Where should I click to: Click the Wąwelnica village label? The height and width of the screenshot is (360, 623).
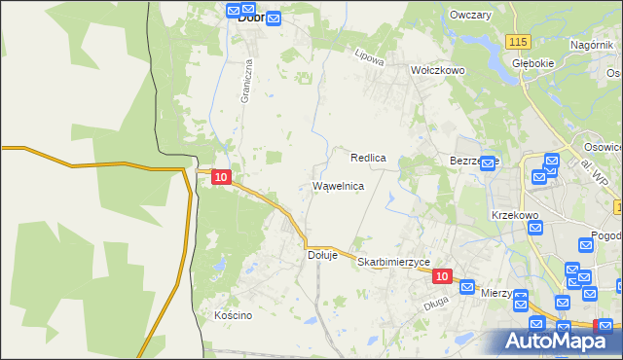[338, 186]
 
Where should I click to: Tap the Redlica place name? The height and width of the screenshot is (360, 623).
[369, 157]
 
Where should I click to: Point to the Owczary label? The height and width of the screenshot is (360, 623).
[470, 16]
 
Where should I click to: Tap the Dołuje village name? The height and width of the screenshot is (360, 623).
[322, 255]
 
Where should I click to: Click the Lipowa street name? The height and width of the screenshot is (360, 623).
[371, 57]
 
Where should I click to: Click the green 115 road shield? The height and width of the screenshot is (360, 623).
[518, 40]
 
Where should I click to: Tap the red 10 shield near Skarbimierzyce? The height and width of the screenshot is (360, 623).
[442, 276]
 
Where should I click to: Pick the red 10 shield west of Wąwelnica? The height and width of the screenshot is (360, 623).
[221, 177]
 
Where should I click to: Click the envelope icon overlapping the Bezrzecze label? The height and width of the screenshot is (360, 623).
[489, 162]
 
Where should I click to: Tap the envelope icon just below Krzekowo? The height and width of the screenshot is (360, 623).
[535, 229]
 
